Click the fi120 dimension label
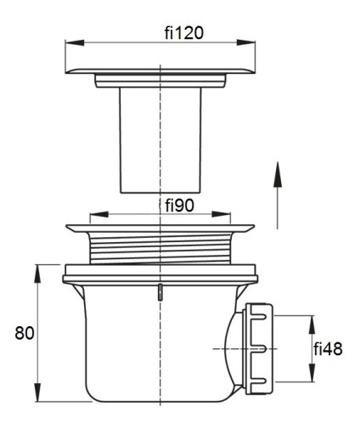(x=184, y=32)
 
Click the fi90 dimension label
(x=180, y=205)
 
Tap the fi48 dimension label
(x=328, y=348)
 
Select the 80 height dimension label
(x=25, y=333)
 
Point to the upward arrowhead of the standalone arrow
(x=278, y=174)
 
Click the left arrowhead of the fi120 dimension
(x=75, y=42)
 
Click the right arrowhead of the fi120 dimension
(x=246, y=42)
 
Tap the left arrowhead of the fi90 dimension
(x=98, y=214)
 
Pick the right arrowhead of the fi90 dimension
(x=221, y=214)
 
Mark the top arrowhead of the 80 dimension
(x=37, y=274)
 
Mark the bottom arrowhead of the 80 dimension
(x=37, y=393)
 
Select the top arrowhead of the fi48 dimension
(x=312, y=325)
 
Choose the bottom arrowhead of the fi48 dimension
(x=312, y=372)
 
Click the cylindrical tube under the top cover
(x=160, y=140)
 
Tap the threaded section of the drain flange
(x=160, y=248)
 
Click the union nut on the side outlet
(x=258, y=349)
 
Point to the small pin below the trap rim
(x=160, y=292)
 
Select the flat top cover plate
(x=160, y=71)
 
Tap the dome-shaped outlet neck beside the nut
(x=234, y=349)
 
